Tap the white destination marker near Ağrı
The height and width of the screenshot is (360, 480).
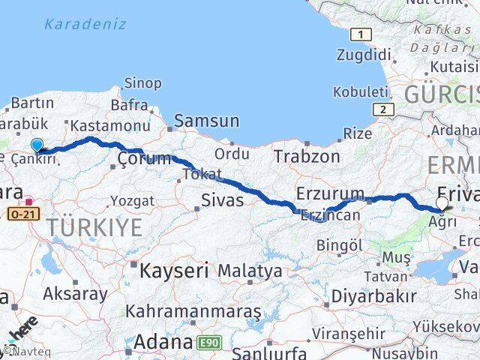442,203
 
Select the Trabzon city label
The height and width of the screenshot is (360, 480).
306,156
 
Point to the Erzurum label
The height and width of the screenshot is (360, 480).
330,193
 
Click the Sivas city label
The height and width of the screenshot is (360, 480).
222,200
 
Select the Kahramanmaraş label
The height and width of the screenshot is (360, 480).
193,310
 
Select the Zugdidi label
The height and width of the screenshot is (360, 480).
364,55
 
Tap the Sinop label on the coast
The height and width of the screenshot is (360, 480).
142,82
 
